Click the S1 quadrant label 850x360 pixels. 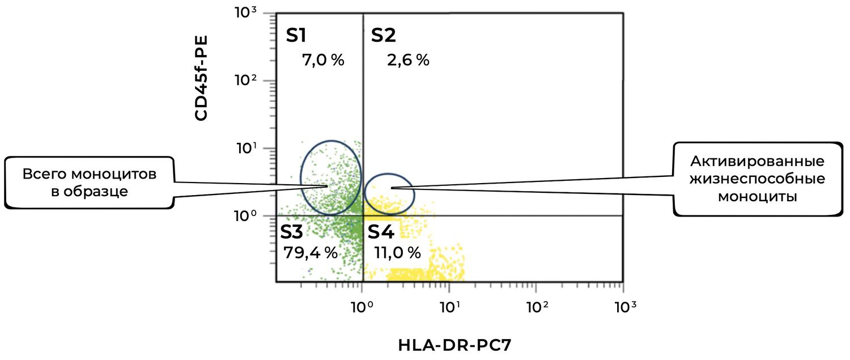[x=296, y=36]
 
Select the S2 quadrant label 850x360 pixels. [x=384, y=36]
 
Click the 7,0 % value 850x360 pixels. [x=324, y=60]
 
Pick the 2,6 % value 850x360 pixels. [x=408, y=60]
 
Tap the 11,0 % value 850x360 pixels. [x=398, y=252]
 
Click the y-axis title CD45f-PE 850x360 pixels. [x=201, y=78]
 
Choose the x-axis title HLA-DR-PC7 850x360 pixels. [x=450, y=344]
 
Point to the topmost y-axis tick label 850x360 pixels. [x=246, y=12]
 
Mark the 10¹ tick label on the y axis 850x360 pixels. [x=246, y=149]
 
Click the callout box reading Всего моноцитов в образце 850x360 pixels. [x=90, y=183]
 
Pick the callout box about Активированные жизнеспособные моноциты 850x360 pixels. [x=757, y=179]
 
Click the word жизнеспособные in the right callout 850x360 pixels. [x=757, y=179]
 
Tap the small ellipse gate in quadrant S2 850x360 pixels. [x=389, y=194]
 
